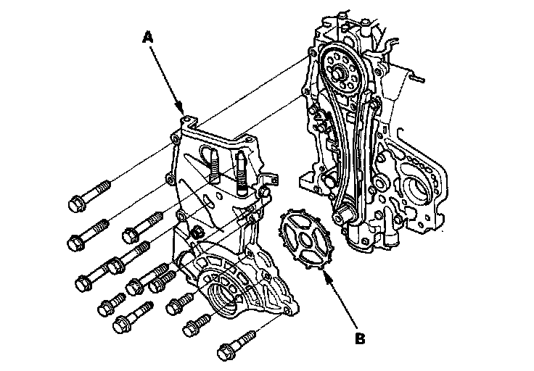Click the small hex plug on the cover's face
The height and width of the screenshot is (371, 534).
(197, 234)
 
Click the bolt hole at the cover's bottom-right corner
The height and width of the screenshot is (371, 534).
(289, 310)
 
